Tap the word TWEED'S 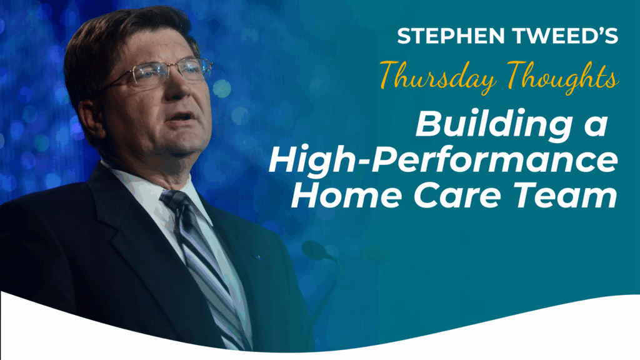coord(565,36)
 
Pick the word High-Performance coord(443,161)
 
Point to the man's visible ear coord(87,118)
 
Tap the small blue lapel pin coord(257,257)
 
